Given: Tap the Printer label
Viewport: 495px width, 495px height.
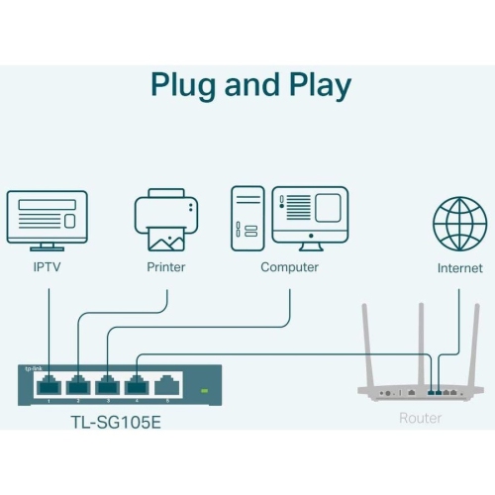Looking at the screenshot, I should (x=165, y=267).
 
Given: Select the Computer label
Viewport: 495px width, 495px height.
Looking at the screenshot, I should (x=289, y=267).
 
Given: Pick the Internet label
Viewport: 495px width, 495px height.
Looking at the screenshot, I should (x=459, y=268).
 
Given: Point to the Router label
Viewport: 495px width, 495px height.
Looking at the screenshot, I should (x=420, y=419).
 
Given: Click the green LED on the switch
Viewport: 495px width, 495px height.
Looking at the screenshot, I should (x=205, y=390).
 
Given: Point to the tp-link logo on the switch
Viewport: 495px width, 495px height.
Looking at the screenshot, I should (x=32, y=369).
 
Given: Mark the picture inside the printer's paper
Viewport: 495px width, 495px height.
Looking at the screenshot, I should (x=165, y=238).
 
